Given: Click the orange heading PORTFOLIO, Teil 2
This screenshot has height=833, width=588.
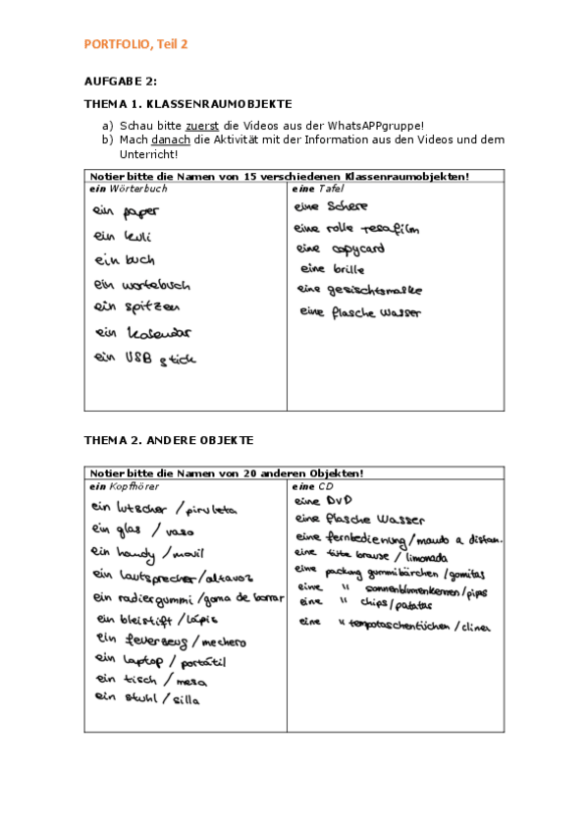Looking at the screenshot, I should tap(135, 44).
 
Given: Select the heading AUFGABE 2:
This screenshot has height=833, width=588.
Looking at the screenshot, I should tap(121, 82).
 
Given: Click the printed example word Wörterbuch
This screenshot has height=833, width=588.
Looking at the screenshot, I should tap(138, 188).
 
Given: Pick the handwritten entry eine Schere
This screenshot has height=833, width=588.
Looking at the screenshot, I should tap(332, 206).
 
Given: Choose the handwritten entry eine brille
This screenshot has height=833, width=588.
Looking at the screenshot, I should tap(333, 268).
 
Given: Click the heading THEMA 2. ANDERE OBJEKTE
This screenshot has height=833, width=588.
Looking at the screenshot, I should tap(169, 440).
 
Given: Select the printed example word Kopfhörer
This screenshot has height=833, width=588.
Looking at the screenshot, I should tap(134, 486).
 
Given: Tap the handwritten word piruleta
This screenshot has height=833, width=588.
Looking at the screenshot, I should tap(211, 510).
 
